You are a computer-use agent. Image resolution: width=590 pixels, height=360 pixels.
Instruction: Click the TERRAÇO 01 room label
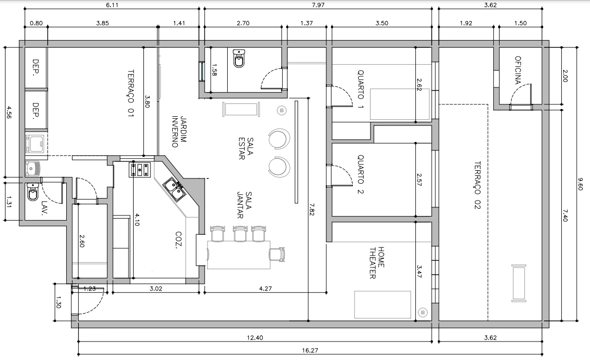pos(131,93)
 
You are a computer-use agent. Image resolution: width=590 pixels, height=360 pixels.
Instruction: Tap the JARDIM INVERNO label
pos(179,131)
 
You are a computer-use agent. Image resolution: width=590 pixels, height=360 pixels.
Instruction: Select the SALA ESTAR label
pos(246,148)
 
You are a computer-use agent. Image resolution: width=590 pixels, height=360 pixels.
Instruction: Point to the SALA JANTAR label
pos(244,205)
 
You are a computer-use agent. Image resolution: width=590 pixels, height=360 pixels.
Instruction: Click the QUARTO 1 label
pos(360,89)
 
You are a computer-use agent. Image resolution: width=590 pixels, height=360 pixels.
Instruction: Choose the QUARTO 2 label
pos(360,174)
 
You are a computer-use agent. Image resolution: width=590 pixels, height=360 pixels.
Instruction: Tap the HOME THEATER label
pos(377,263)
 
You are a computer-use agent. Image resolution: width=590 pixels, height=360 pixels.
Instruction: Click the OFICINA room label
pos(518,70)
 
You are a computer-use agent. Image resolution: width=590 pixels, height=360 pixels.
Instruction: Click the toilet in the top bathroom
pos(238,58)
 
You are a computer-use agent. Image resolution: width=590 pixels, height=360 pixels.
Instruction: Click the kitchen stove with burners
pos(140,169)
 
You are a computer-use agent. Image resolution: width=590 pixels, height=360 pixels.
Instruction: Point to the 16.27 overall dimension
pos(310,350)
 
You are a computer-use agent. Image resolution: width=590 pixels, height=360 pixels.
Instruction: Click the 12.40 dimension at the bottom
pos(255,338)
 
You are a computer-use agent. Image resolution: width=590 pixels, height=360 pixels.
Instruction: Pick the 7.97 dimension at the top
pos(318,5)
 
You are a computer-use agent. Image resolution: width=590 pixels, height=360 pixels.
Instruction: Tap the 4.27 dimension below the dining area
pos(266,289)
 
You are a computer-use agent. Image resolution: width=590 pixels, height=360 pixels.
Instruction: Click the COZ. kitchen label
pos(179,239)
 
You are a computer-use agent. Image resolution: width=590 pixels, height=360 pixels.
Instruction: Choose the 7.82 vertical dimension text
pos(312,209)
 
